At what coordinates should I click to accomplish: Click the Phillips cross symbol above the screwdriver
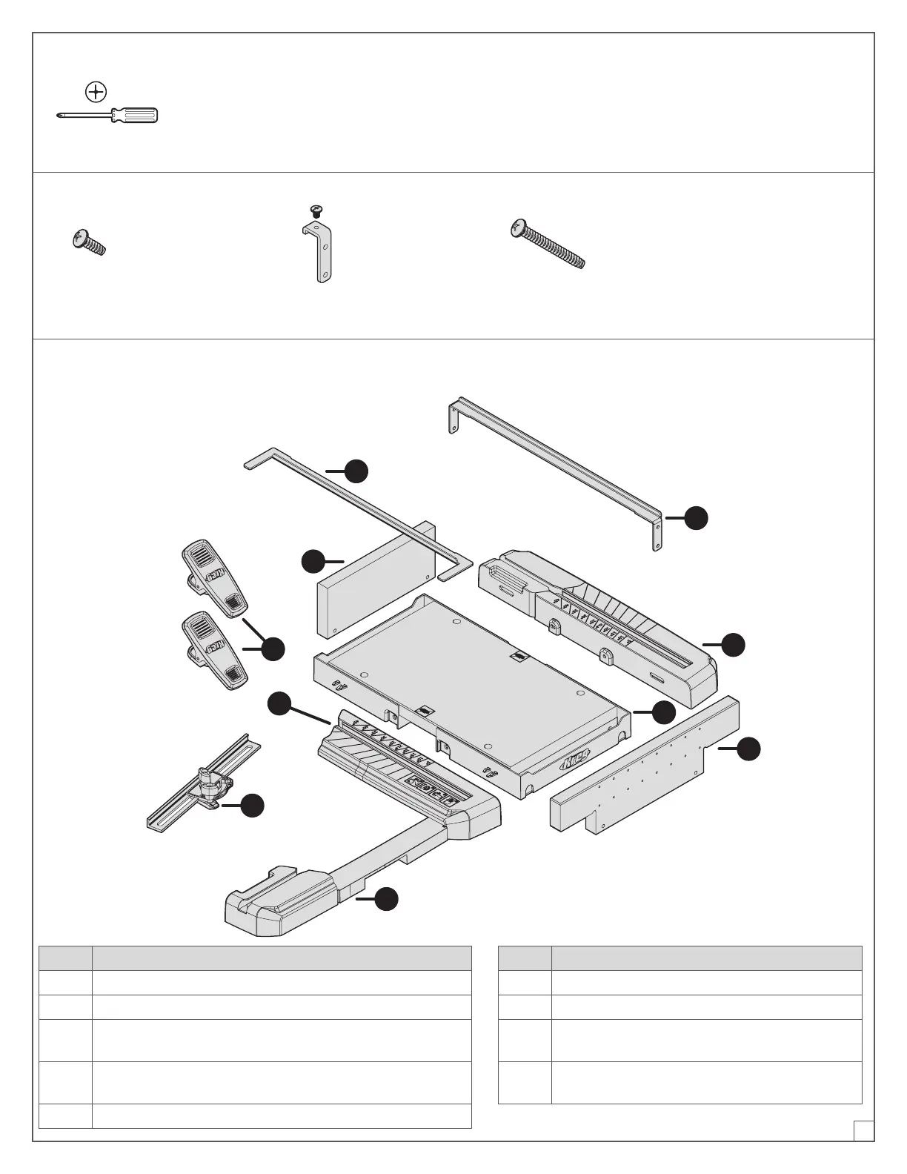click(x=96, y=92)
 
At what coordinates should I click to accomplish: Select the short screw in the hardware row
click(x=88, y=242)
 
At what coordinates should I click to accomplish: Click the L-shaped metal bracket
click(x=319, y=252)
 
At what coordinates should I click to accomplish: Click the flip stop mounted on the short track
click(x=210, y=786)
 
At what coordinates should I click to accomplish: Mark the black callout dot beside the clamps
click(x=273, y=649)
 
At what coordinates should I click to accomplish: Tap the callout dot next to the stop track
click(x=253, y=805)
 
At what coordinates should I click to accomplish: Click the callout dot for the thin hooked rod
click(x=357, y=471)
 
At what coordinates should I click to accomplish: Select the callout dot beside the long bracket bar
click(x=696, y=518)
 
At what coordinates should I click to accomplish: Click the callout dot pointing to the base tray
click(x=664, y=712)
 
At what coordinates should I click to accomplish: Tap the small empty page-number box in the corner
click(x=863, y=1130)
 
